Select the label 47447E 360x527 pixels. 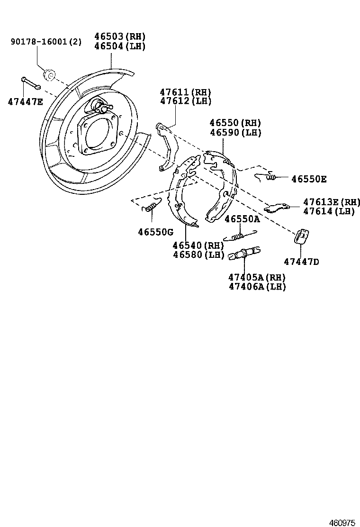pos(25,101)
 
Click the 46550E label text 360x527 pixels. pos(308,179)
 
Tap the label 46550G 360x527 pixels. pos(155,232)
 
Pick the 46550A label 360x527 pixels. pos(242,219)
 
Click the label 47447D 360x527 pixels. pos(301,261)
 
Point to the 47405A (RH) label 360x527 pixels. pos(257,277)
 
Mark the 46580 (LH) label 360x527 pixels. pos(198,254)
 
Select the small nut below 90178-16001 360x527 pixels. pos(49,75)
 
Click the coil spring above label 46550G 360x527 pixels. pos(151,206)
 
